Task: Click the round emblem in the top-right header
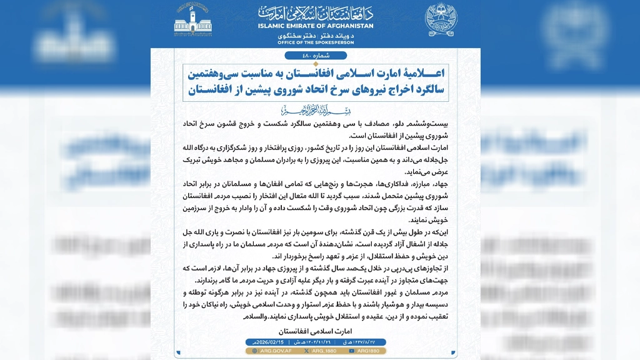point(441,21)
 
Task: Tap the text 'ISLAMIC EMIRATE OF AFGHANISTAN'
point(316,26)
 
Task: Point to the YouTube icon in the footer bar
point(352,351)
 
